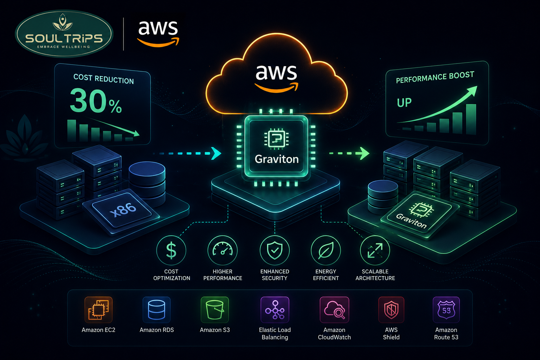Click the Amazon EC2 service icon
(x=98, y=310)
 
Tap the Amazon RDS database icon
(x=156, y=310)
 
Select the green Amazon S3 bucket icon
(x=214, y=310)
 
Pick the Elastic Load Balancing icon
(x=275, y=310)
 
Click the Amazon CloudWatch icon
(x=334, y=310)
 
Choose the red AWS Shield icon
(x=391, y=310)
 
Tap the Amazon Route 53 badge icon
(x=446, y=310)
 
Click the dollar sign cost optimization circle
(x=171, y=251)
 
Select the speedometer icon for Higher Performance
(x=223, y=251)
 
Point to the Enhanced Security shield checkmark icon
(x=275, y=251)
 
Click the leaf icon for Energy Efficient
(x=326, y=251)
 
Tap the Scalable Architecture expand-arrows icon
(x=375, y=251)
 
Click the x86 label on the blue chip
(x=123, y=210)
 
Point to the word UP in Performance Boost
(x=404, y=102)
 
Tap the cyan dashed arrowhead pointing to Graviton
(x=216, y=153)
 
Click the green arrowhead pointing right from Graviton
(x=364, y=153)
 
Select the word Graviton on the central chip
(x=277, y=159)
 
